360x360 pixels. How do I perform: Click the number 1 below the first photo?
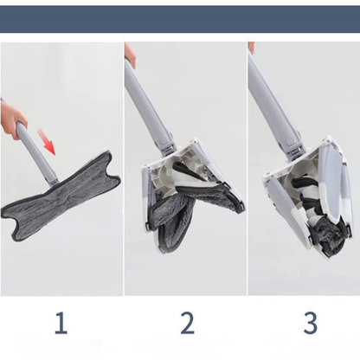click(x=61, y=324)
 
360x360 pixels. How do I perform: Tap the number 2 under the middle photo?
click(x=187, y=324)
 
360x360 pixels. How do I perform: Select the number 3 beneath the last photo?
click(x=311, y=324)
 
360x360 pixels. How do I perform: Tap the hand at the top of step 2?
click(x=130, y=55)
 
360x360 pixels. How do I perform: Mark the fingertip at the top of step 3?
click(x=251, y=47)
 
